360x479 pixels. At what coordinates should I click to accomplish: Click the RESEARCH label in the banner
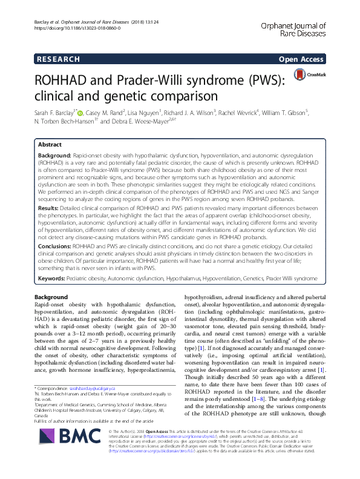pyautogui.click(x=58, y=59)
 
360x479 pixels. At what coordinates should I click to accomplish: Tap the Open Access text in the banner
pyautogui.click(x=302, y=59)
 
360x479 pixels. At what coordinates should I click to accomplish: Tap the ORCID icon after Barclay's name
pyautogui.click(x=82, y=111)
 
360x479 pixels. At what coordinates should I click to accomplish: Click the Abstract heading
pyautogui.click(x=50, y=145)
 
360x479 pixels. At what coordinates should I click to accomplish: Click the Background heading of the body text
pyautogui.click(x=51, y=297)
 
